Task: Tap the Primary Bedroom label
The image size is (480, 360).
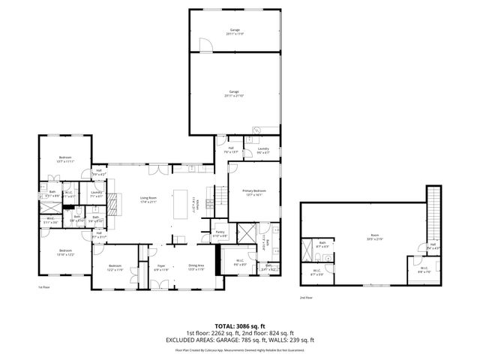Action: (254, 193)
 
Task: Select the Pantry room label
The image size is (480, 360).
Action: (220, 233)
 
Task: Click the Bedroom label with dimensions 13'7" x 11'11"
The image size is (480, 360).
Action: (64, 159)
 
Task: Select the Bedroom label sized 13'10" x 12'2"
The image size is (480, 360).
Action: (65, 252)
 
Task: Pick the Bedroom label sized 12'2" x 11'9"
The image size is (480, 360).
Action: (114, 268)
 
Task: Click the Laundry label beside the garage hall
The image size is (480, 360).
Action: (263, 150)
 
